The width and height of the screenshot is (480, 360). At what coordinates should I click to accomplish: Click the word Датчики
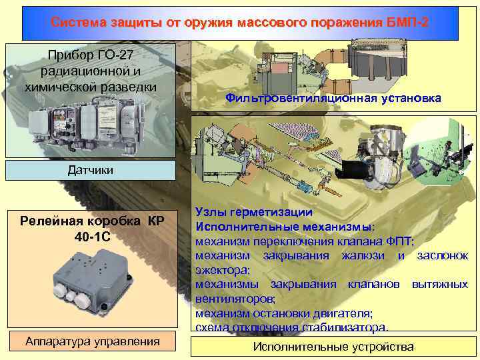[91, 170]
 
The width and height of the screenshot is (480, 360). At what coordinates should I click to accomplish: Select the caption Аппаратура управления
[92, 341]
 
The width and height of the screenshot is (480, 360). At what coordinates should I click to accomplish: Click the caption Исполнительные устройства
[333, 347]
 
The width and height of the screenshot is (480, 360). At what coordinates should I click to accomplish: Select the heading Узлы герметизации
[254, 212]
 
